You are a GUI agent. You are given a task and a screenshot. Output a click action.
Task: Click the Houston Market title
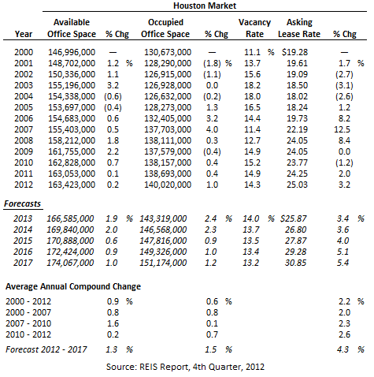pos(205,6)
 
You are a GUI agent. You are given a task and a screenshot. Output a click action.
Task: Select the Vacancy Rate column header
pos(254,28)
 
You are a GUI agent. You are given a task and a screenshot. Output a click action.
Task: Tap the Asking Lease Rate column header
pos(299,28)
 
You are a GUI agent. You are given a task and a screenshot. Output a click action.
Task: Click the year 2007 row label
pos(24,129)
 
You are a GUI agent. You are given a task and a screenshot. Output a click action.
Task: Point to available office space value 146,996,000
pos(72,52)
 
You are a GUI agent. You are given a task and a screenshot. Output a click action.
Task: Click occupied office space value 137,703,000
pos(168,129)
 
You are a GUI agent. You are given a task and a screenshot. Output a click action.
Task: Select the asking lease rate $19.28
pos(294,52)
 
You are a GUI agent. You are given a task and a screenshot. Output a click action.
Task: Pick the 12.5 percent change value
pos(343,129)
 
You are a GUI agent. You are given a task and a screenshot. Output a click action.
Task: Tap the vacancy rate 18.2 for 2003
pos(253,85)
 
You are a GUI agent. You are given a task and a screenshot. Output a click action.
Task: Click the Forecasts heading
pos(23,203)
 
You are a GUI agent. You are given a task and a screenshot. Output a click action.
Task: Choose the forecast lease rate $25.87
pos(294,218)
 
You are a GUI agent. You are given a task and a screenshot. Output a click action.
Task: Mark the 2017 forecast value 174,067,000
pos(70,263)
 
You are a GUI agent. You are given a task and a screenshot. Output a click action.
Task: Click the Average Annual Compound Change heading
pos(73,286)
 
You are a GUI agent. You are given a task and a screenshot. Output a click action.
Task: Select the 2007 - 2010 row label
pos(28,323)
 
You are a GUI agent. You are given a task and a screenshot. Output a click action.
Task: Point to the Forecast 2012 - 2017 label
pos(46,349)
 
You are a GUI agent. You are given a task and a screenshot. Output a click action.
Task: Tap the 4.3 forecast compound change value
pos(343,349)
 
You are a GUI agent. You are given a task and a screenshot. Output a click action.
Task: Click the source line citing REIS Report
pos(185,367)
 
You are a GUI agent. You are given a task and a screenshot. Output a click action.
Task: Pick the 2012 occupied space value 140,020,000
pos(168,185)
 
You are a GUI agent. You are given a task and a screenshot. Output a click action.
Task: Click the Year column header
pos(24,34)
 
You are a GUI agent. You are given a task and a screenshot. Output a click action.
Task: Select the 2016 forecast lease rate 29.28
pos(295,252)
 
